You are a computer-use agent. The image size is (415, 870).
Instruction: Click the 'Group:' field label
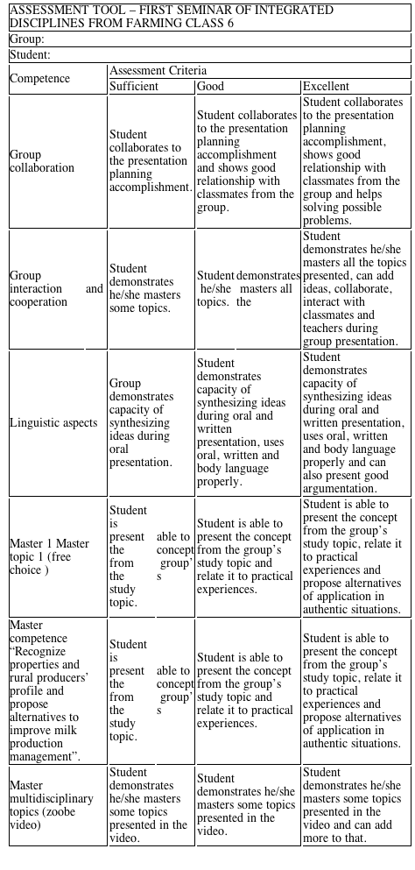point(27,39)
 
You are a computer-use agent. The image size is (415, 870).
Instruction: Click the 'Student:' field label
point(32,54)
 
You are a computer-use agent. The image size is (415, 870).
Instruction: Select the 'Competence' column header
point(41,78)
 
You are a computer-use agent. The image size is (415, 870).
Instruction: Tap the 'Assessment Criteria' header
point(158,70)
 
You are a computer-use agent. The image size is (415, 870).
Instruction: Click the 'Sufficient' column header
point(134,86)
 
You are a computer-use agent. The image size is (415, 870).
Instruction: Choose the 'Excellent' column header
point(326,86)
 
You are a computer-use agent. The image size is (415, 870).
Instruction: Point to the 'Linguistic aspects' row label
point(53,423)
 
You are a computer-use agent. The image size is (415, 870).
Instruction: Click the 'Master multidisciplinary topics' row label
point(50,805)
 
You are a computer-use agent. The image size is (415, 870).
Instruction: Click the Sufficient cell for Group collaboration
point(148,161)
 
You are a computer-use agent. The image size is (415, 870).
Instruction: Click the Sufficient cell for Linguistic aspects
point(142,422)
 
